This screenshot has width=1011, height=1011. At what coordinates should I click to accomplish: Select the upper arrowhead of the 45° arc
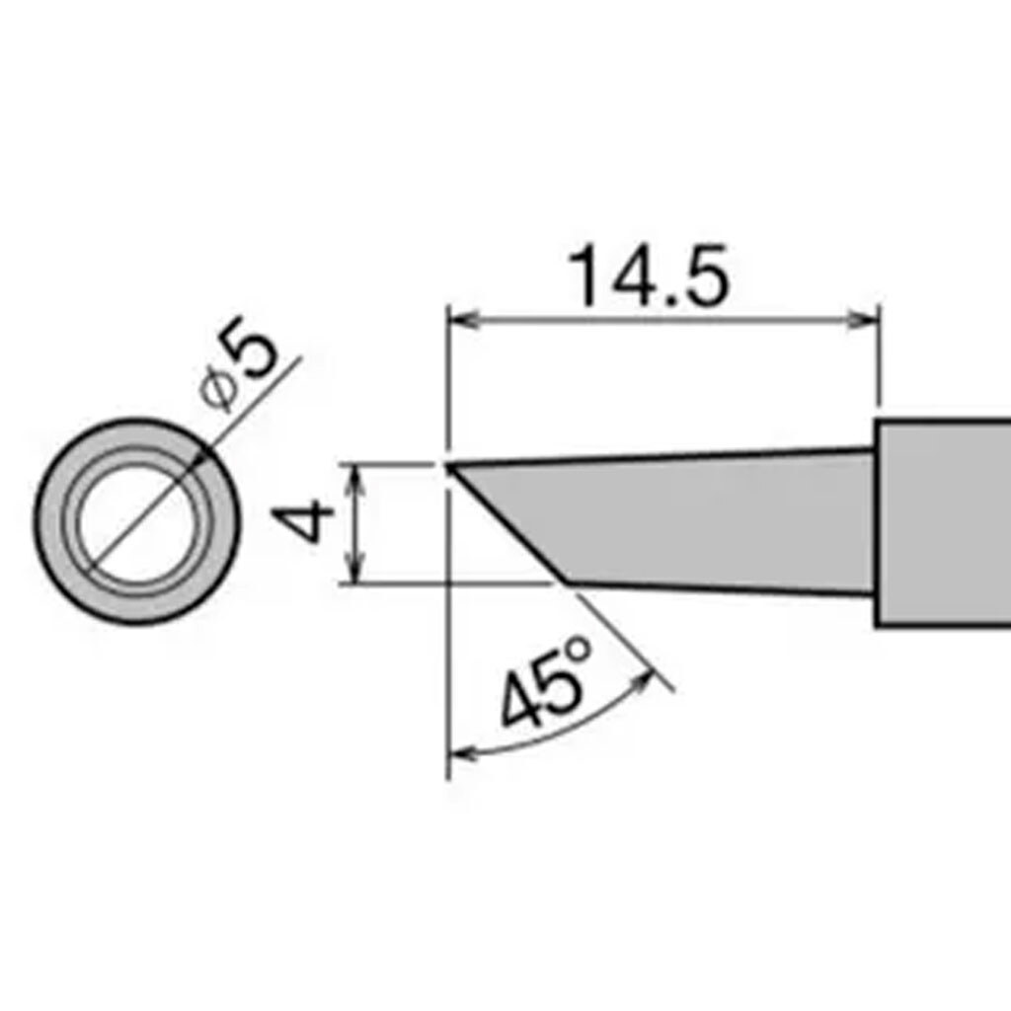644,678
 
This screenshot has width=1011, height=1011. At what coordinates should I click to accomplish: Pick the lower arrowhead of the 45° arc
462,754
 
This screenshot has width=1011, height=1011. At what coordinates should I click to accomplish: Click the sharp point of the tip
450,465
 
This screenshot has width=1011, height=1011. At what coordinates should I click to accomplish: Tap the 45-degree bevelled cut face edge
508,523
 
